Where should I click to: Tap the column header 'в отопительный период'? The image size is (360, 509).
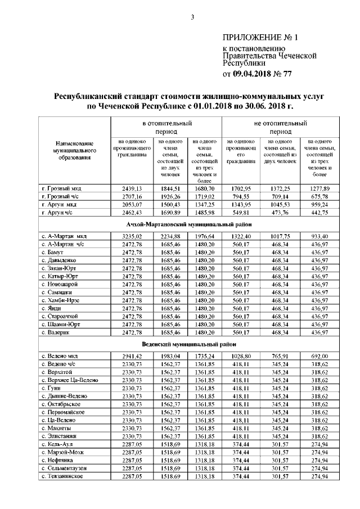166,126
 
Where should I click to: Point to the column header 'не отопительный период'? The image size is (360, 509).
280,126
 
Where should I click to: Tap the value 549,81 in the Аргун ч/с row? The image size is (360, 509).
241,213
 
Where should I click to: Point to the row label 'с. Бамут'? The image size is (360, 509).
54,253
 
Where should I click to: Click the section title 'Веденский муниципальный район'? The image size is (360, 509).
188,344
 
